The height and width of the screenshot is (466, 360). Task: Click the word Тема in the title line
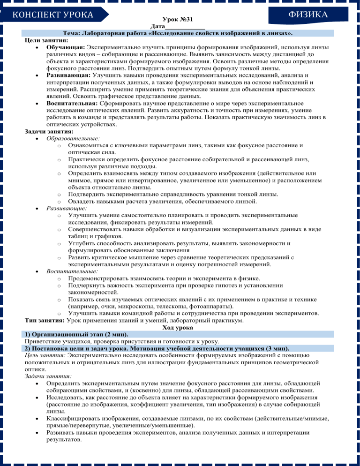72,34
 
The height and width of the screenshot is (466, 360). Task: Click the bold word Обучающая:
66,48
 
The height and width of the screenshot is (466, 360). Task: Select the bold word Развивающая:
68,75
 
